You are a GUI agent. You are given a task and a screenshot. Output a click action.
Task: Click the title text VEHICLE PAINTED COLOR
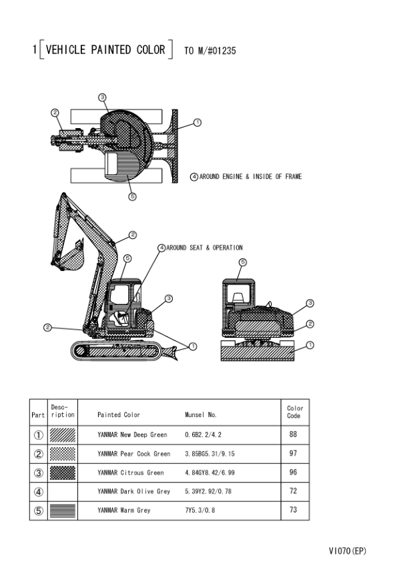pyautogui.click(x=105, y=49)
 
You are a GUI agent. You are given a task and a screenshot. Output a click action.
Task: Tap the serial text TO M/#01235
pyautogui.click(x=210, y=51)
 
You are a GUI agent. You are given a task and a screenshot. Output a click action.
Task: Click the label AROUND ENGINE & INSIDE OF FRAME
pyautogui.click(x=250, y=176)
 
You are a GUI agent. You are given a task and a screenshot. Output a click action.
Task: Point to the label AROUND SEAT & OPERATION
pyautogui.click(x=205, y=248)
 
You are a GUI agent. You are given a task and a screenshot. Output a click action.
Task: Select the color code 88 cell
pyautogui.click(x=293, y=435)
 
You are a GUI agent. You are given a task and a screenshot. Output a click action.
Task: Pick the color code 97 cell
pyautogui.click(x=293, y=453)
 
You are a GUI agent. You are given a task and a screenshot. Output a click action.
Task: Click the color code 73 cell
pyautogui.click(x=293, y=510)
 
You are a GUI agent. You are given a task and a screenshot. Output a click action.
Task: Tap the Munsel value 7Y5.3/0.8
pyautogui.click(x=200, y=510)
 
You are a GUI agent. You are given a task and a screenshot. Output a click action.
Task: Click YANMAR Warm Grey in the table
pyautogui.click(x=124, y=510)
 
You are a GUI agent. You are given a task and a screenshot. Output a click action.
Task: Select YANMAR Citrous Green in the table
pyautogui.click(x=130, y=473)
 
